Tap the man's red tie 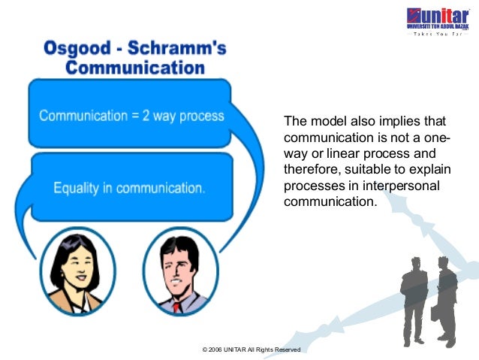tap(177, 307)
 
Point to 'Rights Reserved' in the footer tap(281, 350)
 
